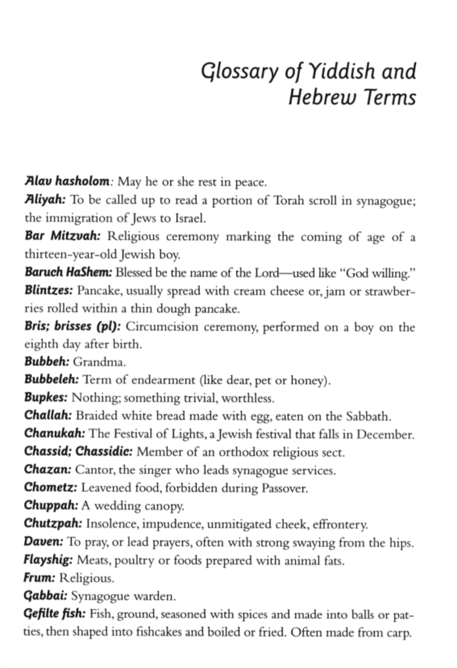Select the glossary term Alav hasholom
click(67, 182)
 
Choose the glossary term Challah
click(48, 415)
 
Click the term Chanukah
click(54, 433)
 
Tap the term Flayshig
click(49, 560)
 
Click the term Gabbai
click(45, 596)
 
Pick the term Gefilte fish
click(55, 614)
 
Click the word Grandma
click(98, 362)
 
